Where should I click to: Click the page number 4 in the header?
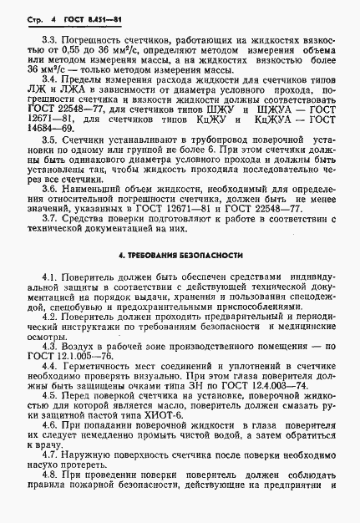pyautogui.click(x=51, y=16)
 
